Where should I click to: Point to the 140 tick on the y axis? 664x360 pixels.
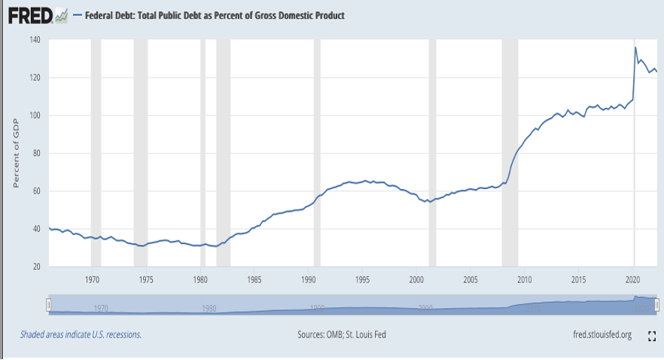[35, 39]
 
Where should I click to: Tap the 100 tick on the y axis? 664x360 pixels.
[35, 115]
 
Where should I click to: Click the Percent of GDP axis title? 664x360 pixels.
[15, 154]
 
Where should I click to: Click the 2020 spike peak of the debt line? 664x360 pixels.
[635, 48]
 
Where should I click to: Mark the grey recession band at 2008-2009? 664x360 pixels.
[509, 151]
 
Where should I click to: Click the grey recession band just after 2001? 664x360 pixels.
[432, 151]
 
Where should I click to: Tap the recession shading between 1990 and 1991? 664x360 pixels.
[317, 151]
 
